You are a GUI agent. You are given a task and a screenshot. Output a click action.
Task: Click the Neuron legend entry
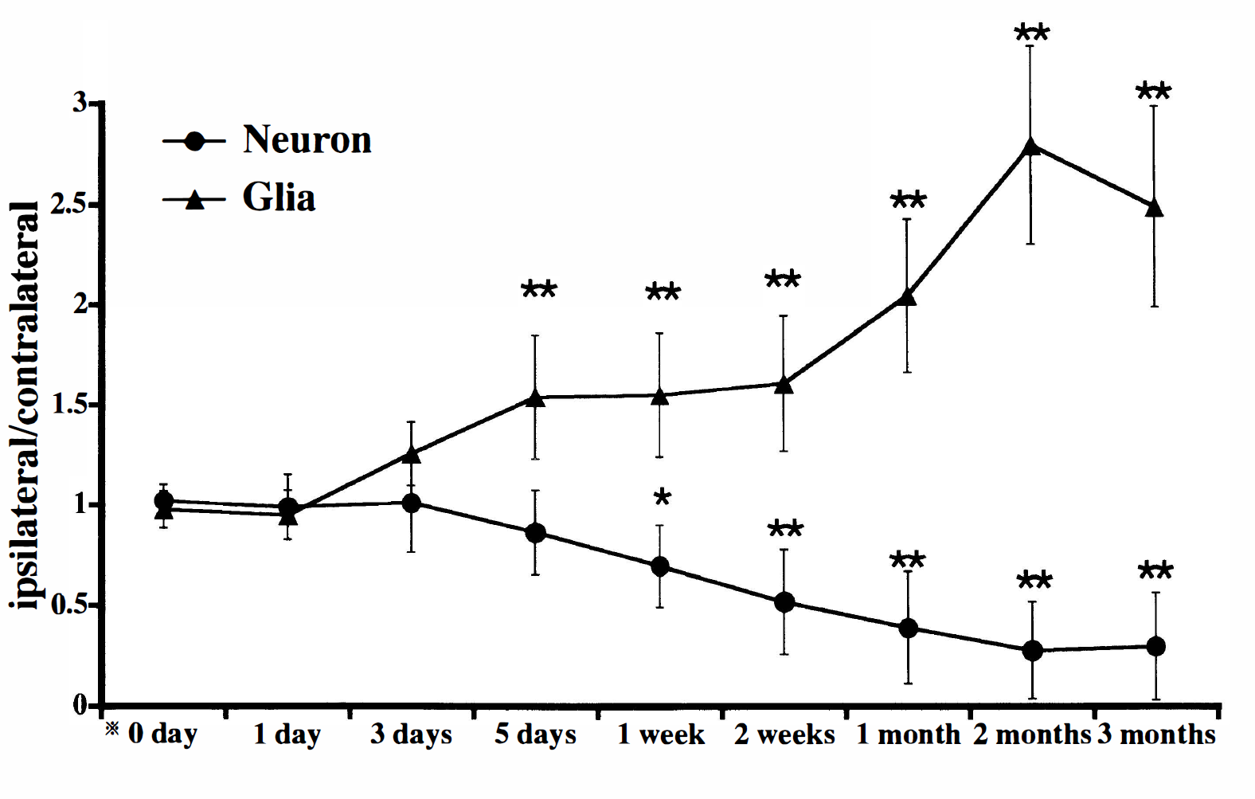268,140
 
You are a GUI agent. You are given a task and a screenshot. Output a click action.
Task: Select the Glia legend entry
239,199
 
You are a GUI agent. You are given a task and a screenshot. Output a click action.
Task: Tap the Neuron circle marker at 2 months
1033,651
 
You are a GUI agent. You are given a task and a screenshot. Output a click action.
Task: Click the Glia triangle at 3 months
1154,207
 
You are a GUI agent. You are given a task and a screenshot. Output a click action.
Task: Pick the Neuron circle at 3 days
412,503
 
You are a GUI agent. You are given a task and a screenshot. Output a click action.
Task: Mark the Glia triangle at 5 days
536,398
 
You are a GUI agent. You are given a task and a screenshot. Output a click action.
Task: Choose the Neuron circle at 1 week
661,566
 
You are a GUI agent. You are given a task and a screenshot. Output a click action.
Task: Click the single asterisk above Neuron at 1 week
662,497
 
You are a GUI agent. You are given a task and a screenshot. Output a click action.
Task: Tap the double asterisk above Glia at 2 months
1031,33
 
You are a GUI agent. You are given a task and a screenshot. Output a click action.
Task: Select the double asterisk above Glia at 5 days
539,290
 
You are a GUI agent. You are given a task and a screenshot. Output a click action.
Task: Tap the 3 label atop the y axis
80,104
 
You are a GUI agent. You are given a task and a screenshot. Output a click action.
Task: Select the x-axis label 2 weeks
784,734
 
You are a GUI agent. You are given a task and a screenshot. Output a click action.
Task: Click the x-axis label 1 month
908,734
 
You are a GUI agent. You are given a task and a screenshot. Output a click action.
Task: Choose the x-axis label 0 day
162,735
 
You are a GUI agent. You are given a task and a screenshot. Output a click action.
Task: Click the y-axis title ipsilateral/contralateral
24,405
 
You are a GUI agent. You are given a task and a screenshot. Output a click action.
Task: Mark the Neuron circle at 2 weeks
784,602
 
